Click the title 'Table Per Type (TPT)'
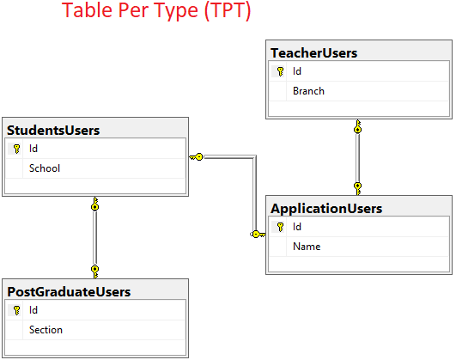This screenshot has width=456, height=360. [157, 13]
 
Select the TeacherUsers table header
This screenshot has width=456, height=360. [314, 53]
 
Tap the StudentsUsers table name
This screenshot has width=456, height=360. [53, 131]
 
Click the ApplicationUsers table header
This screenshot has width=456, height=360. [326, 208]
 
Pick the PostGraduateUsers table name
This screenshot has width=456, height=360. [69, 292]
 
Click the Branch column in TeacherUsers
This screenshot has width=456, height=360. [308, 90]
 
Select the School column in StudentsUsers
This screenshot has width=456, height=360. [45, 168]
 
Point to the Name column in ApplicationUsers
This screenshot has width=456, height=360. [307, 247]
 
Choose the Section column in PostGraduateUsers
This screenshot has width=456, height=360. [46, 329]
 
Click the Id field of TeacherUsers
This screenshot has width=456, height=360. [297, 72]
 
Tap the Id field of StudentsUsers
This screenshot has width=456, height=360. [33, 149]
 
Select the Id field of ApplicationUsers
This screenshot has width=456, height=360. [297, 228]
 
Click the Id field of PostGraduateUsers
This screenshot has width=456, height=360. [33, 311]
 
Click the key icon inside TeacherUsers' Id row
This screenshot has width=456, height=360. [280, 72]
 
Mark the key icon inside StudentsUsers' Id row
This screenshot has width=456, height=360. [16, 149]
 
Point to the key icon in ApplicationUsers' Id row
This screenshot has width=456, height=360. [280, 228]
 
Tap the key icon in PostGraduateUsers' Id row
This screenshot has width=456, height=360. [16, 311]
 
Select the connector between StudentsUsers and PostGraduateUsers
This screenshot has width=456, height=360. [94, 236]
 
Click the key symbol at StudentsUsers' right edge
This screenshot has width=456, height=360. [197, 156]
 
